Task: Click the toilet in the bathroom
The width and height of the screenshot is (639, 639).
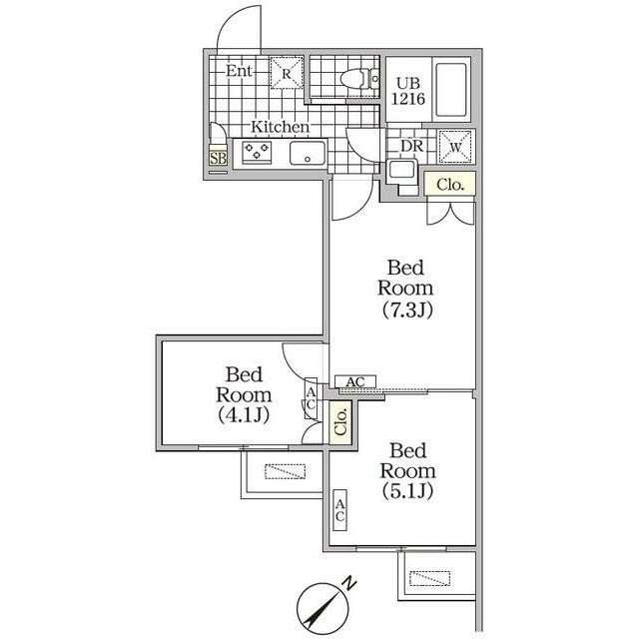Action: [358, 78]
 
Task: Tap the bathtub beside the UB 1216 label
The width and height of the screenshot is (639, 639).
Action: [450, 90]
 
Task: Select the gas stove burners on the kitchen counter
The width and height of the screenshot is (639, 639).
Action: [257, 152]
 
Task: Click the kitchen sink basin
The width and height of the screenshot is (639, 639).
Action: [309, 153]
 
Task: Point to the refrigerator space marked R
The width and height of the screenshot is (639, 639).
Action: [287, 73]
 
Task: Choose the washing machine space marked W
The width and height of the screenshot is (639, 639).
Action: [455, 147]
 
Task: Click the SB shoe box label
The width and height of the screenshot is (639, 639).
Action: [218, 158]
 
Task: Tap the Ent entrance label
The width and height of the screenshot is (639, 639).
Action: [239, 71]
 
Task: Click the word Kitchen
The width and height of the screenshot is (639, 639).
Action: [280, 127]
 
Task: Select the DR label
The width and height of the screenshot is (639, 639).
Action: [412, 147]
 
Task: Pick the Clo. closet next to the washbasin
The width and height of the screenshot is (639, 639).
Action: [450, 184]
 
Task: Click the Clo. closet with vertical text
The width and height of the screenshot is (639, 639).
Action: [340, 422]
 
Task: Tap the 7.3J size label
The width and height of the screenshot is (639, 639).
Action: [407, 311]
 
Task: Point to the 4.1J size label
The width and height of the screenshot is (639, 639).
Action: [244, 415]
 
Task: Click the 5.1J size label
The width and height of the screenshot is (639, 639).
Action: [407, 491]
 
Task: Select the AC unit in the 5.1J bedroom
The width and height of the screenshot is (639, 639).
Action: [339, 510]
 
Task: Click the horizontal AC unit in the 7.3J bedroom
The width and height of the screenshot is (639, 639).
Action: [355, 381]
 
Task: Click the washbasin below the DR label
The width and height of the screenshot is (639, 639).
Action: [401, 170]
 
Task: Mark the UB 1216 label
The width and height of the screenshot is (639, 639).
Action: [408, 91]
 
